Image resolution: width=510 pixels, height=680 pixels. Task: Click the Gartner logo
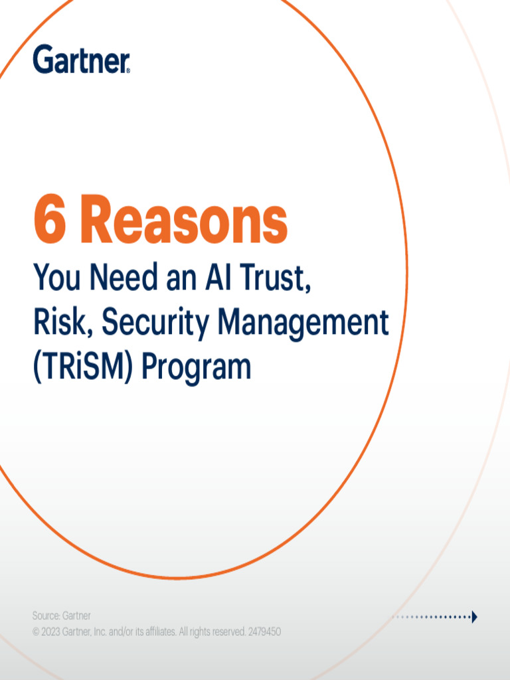81,59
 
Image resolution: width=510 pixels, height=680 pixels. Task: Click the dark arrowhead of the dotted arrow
474,617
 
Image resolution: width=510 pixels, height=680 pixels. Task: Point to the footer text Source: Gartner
62,616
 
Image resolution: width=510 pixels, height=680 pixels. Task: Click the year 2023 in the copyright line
50,632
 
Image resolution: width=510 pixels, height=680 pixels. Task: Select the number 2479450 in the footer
264,632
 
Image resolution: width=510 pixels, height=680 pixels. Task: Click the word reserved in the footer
226,632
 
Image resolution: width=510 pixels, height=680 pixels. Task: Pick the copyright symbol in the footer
36,632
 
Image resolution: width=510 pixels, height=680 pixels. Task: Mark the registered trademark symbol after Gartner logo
128,70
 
